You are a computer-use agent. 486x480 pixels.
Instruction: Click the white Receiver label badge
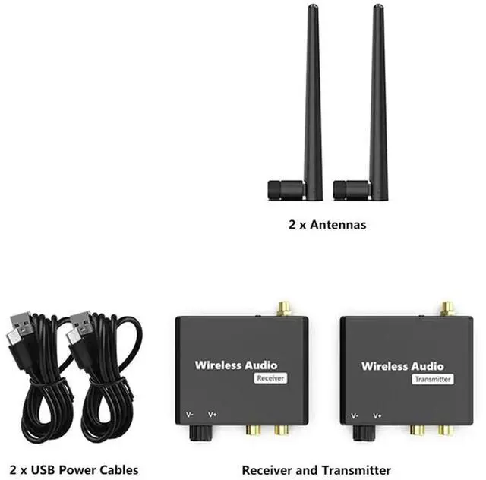[x=270, y=378]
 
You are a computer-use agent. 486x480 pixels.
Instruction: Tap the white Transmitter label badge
[x=433, y=378]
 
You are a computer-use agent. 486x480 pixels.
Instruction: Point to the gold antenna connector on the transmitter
[x=447, y=308]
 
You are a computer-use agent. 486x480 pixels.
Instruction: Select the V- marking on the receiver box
[x=190, y=415]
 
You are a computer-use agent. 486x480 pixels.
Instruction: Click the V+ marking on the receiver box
[x=212, y=415]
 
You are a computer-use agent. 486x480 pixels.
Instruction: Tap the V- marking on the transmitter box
[x=355, y=415]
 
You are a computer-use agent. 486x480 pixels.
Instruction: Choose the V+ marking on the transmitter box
[x=377, y=415]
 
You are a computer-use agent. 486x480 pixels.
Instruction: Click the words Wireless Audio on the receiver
[x=236, y=365]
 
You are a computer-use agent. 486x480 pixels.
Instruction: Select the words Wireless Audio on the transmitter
[x=402, y=365]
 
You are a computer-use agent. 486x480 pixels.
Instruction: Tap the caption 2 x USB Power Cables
[x=74, y=470]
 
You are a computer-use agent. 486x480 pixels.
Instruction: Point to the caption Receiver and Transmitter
[x=317, y=470]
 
